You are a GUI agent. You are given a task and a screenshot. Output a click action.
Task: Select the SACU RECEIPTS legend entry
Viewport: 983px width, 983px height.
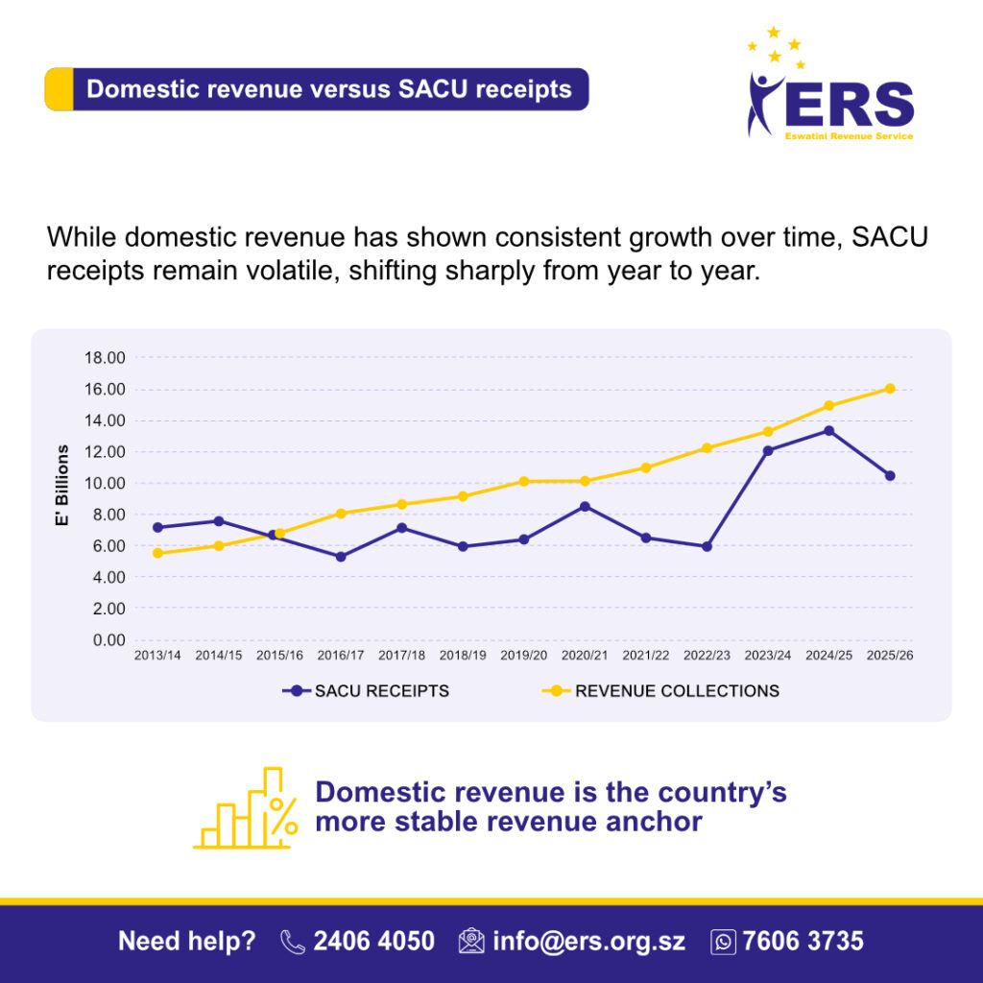[x=381, y=690]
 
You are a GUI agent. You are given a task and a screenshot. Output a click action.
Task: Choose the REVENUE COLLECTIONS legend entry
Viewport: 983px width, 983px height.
[x=677, y=690]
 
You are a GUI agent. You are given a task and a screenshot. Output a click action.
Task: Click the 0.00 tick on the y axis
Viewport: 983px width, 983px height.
[x=107, y=639]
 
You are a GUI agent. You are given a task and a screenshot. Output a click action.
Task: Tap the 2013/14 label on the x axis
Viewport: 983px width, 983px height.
[x=156, y=656]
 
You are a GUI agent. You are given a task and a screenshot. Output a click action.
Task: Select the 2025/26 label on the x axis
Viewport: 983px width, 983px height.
[x=890, y=656]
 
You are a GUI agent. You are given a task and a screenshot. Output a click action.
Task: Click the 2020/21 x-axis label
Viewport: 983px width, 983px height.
[x=585, y=656]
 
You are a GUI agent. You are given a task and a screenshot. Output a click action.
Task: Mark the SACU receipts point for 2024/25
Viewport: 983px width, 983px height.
[x=828, y=431]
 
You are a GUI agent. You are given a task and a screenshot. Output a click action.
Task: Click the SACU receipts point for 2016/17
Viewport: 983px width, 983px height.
[x=341, y=557]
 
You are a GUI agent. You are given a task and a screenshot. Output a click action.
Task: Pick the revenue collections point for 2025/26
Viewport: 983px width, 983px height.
[x=890, y=389]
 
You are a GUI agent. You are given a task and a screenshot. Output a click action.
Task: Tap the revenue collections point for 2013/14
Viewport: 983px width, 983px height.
[x=156, y=553]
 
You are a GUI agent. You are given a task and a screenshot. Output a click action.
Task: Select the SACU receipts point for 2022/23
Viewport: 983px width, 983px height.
[x=707, y=546]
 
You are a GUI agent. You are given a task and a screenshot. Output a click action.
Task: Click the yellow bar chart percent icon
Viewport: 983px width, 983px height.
[x=245, y=808]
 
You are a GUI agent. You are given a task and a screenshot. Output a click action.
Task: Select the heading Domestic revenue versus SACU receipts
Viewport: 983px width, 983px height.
[x=328, y=89]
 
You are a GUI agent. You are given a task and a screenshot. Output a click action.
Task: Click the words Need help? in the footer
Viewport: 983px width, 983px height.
[x=187, y=941]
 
